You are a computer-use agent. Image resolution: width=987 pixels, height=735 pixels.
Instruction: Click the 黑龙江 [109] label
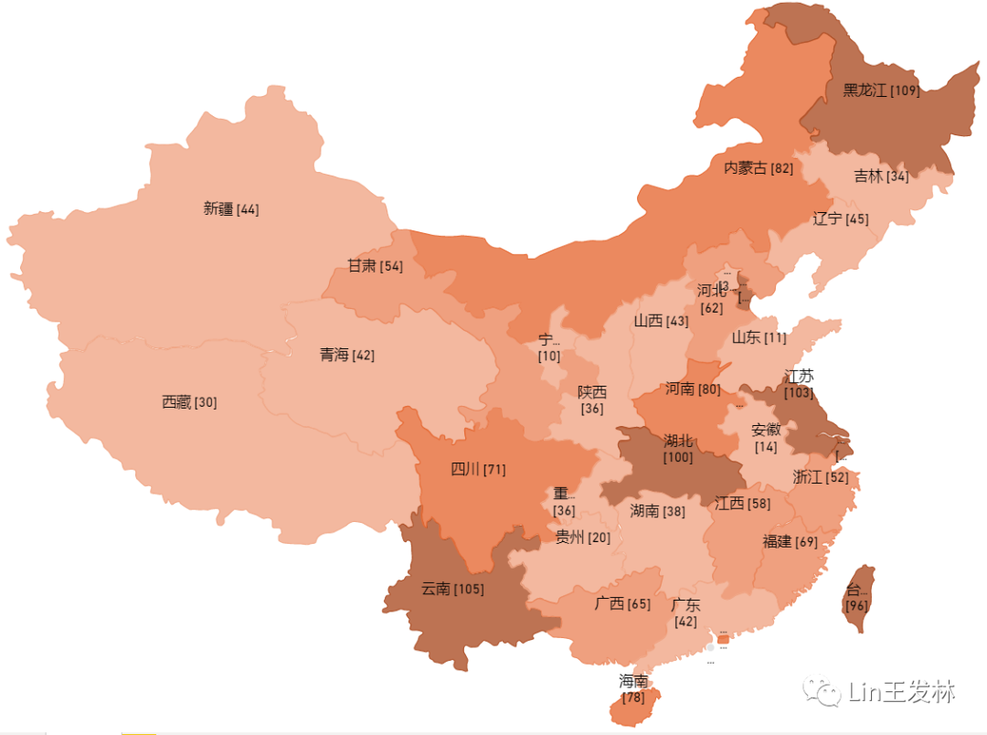click(x=881, y=91)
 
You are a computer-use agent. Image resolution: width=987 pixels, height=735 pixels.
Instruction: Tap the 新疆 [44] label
click(x=231, y=208)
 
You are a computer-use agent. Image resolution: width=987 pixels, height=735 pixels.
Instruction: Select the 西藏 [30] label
click(x=189, y=402)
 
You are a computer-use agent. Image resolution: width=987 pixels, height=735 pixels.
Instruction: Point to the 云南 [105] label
click(x=452, y=589)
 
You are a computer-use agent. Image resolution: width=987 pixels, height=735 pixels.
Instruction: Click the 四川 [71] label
click(x=478, y=470)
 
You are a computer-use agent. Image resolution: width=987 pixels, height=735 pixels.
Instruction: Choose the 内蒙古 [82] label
click(x=759, y=168)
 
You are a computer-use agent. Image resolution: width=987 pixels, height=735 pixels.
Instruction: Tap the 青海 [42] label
click(x=347, y=355)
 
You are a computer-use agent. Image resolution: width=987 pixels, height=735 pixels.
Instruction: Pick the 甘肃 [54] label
click(x=375, y=266)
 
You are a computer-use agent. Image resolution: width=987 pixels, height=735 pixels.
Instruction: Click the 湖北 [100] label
click(x=678, y=448)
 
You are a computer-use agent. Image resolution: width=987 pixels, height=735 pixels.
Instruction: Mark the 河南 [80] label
click(x=693, y=389)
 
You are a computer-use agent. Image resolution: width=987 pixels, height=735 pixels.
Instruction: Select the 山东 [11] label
click(x=759, y=337)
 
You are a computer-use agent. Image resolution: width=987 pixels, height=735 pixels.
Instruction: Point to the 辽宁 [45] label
click(x=841, y=218)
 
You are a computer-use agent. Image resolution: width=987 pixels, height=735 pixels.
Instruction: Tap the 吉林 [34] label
click(x=881, y=176)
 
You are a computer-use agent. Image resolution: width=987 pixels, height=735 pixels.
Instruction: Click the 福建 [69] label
click(x=790, y=541)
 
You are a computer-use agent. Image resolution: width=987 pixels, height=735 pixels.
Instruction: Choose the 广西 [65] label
click(x=622, y=603)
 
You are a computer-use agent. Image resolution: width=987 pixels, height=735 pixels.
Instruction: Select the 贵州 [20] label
click(x=583, y=538)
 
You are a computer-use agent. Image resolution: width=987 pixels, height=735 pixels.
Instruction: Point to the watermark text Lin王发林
click(x=901, y=691)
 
